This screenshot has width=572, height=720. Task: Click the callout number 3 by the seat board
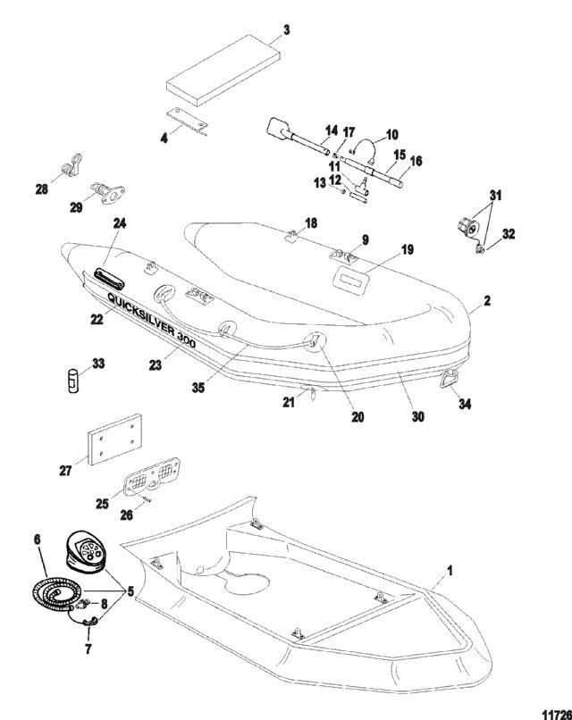287,30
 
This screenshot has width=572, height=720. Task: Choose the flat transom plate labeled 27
114,440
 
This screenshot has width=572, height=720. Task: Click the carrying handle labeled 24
109,280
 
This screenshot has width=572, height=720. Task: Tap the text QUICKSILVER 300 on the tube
152,320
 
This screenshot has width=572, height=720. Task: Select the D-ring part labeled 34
450,380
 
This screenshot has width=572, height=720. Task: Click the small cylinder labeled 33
73,381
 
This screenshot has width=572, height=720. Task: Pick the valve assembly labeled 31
467,225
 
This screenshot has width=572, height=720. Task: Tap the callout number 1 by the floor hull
450,571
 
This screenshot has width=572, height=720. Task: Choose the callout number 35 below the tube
198,388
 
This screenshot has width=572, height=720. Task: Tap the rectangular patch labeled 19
352,280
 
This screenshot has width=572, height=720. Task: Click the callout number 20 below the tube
357,416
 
